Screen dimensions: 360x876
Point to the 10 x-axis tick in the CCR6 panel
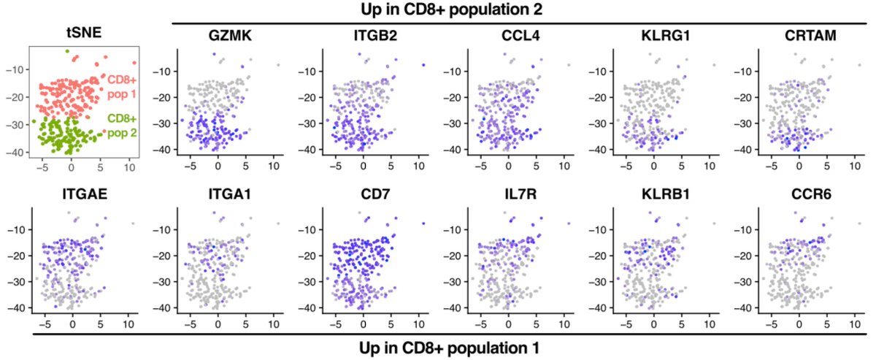pyautogui.click(x=853, y=322)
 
